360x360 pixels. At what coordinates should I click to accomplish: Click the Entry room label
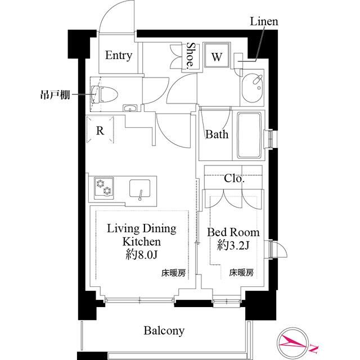click(x=118, y=56)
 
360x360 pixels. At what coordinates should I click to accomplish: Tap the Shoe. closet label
click(x=191, y=56)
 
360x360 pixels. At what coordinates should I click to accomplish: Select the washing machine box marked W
click(x=216, y=56)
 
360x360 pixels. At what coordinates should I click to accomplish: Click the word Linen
click(x=264, y=22)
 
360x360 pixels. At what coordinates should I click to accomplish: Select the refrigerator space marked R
click(x=100, y=131)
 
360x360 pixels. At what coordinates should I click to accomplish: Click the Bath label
click(x=216, y=135)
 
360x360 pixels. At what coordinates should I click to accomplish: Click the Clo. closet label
click(x=234, y=179)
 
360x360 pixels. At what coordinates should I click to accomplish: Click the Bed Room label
click(x=233, y=232)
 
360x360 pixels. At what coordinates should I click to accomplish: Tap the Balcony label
click(x=163, y=331)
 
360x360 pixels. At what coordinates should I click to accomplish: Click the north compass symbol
click(x=296, y=342)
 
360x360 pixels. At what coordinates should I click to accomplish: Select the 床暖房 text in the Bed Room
click(x=241, y=273)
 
